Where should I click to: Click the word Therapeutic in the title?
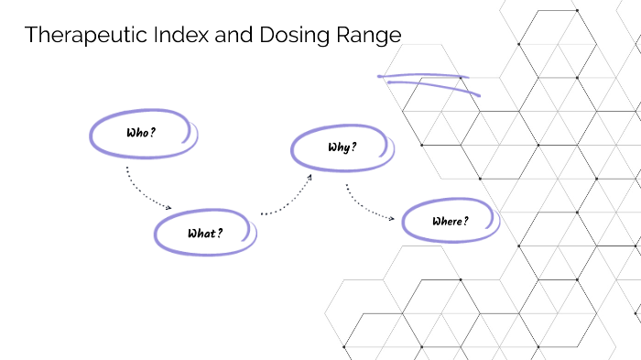[80, 37]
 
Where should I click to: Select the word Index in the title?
[166, 37]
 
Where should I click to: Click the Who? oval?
[142, 133]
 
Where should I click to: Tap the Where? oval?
[450, 221]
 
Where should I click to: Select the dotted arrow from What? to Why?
[287, 199]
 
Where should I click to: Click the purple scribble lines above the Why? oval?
[429, 82]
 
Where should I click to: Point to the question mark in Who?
[153, 133]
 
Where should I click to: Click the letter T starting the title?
[31, 37]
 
